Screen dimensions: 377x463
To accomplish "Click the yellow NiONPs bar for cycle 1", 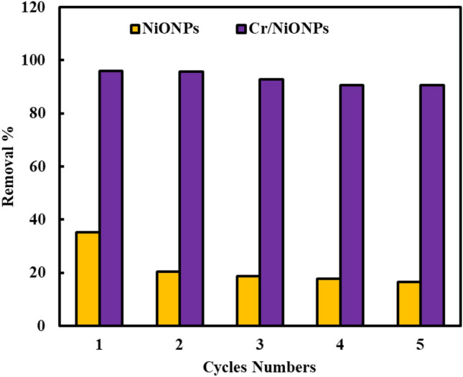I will pyautogui.click(x=88, y=279).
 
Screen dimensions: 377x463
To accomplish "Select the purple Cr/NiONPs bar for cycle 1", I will pyautogui.click(x=111, y=198).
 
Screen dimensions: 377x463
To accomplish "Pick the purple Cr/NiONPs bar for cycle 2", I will pyautogui.click(x=192, y=199).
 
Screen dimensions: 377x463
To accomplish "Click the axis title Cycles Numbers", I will pyautogui.click(x=260, y=367).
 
